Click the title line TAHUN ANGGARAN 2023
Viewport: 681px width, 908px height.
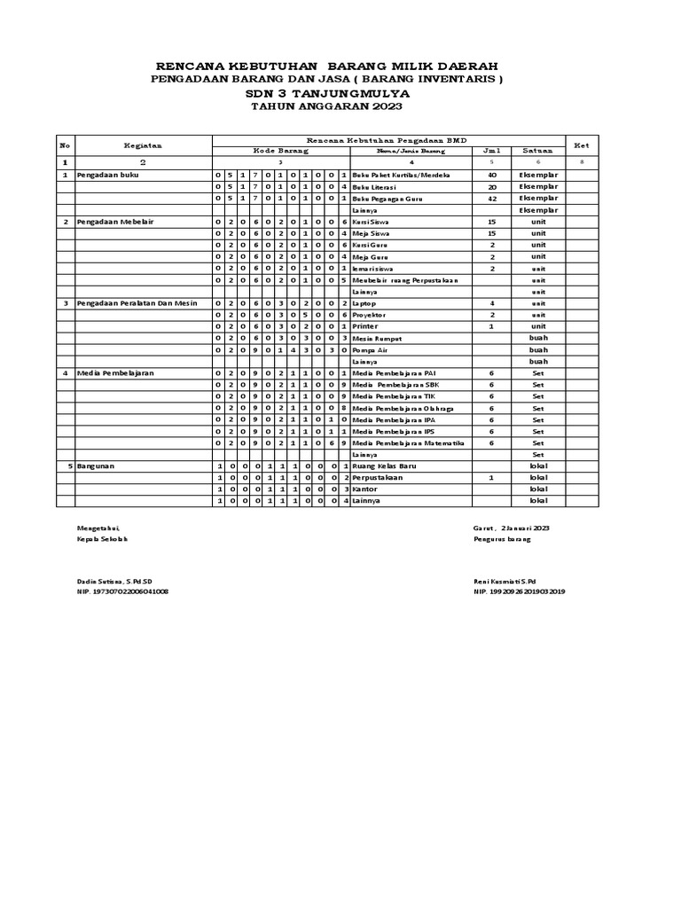pos(326,106)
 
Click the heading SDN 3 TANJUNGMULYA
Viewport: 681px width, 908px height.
pos(326,92)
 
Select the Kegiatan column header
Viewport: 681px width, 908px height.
pos(143,144)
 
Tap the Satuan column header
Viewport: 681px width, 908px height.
pos(538,151)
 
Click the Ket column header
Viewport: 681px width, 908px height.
pos(582,144)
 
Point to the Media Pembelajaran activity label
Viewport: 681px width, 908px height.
pos(115,373)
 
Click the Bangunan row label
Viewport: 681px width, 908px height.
pos(100,466)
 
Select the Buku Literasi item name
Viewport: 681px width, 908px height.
pos(372,187)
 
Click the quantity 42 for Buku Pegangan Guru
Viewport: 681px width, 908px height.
pos(492,199)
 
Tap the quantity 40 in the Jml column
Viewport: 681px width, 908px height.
pos(492,176)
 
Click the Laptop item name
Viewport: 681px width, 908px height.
pos(364,303)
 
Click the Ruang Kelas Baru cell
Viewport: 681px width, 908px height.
pos(383,466)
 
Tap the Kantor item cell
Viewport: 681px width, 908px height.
pos(365,489)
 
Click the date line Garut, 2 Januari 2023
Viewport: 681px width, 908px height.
pos(512,528)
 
